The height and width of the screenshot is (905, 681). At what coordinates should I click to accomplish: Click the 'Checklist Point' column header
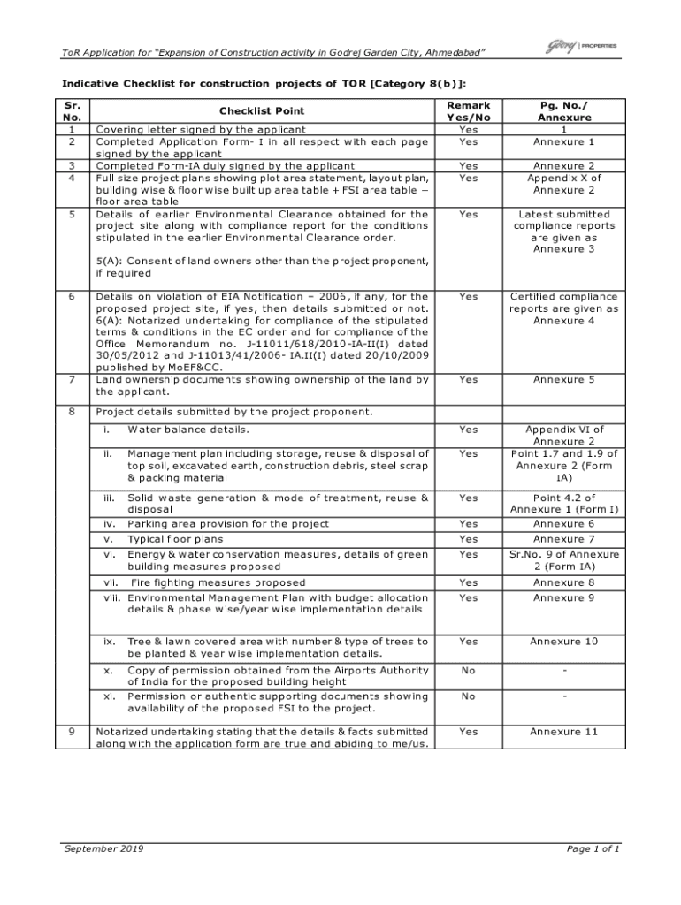click(x=262, y=111)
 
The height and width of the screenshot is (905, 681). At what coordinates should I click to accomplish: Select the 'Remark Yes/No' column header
click(x=468, y=110)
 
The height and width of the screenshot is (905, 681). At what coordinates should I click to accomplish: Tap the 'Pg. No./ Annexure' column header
click(x=564, y=110)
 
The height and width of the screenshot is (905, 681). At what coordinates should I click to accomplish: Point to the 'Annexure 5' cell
click(x=564, y=379)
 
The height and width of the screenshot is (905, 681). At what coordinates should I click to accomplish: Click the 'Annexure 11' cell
click(x=564, y=732)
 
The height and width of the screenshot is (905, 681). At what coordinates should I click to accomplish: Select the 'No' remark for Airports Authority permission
click(x=468, y=671)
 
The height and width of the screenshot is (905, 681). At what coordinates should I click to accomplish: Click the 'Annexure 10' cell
click(x=564, y=641)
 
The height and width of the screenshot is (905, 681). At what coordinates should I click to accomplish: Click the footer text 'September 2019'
click(x=103, y=849)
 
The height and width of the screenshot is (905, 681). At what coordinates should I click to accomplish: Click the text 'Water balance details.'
click(x=188, y=430)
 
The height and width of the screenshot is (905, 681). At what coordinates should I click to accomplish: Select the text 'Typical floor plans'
click(x=175, y=539)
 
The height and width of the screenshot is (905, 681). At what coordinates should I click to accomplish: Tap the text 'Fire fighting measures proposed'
click(x=218, y=583)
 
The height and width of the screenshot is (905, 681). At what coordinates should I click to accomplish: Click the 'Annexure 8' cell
click(x=564, y=583)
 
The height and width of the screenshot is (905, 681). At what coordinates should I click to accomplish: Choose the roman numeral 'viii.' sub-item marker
click(x=111, y=598)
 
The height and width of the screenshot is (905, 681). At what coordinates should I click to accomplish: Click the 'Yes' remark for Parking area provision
click(x=468, y=524)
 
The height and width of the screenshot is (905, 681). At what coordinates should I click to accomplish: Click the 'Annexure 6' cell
click(x=564, y=524)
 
